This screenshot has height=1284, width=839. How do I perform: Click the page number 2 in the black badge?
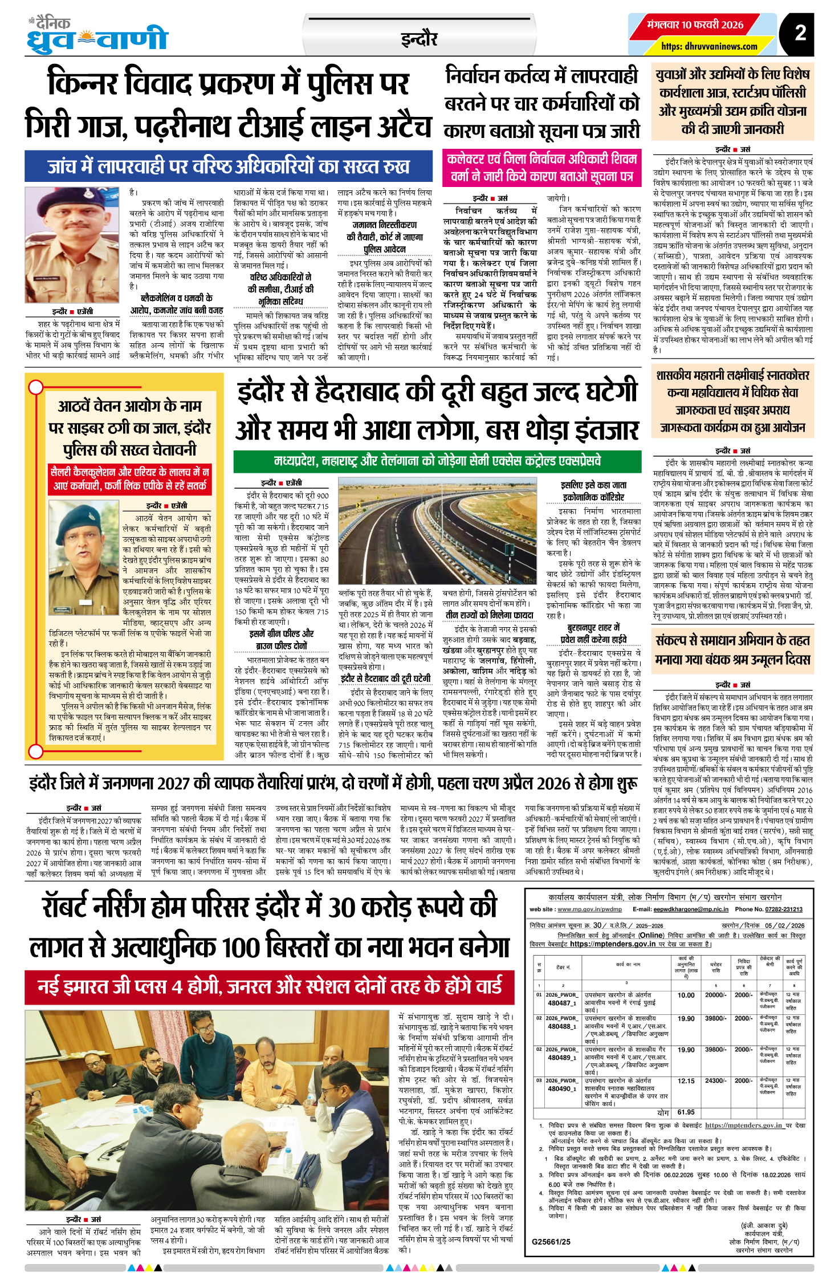[x=800, y=33]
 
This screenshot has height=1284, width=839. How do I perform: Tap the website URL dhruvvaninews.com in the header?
[x=710, y=46]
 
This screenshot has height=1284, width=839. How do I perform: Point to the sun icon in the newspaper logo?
[x=86, y=39]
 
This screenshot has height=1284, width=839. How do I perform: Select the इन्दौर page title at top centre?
[x=419, y=39]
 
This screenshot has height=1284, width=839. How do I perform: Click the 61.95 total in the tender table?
[x=686, y=1112]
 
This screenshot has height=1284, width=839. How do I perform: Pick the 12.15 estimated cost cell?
[x=686, y=1080]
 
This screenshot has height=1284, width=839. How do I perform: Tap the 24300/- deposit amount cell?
[x=716, y=1080]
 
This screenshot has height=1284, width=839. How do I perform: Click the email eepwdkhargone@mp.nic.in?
[x=691, y=909]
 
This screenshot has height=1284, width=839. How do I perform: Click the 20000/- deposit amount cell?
[x=716, y=995]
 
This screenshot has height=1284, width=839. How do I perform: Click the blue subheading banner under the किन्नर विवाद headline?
[x=229, y=166]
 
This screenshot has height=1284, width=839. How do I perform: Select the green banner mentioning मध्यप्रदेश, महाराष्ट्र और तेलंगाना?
[x=437, y=461]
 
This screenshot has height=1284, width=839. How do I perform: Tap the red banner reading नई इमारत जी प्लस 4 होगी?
[x=270, y=986]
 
